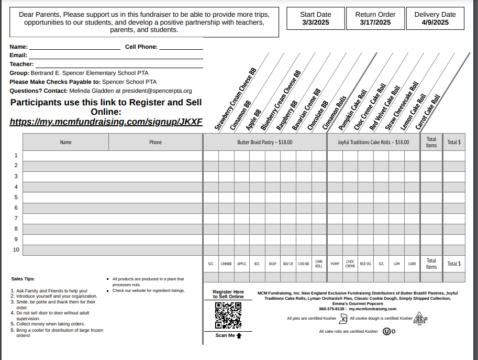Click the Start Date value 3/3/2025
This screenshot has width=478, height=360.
point(315,23)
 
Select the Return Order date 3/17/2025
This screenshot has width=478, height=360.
point(375,23)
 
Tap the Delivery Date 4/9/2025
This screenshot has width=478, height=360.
point(435,23)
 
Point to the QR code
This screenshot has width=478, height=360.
point(228,315)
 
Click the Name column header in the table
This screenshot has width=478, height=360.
point(65,142)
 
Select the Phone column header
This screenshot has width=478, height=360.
point(155,142)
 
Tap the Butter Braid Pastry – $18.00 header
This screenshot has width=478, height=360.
point(264,142)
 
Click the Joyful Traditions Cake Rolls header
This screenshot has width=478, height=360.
point(373,142)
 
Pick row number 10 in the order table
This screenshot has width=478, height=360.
point(16,249)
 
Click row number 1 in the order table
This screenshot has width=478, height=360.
point(16,155)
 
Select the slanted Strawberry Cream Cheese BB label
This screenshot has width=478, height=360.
point(235,99)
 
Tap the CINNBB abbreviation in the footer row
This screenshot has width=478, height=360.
point(226,264)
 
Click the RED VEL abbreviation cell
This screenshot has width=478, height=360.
point(365,264)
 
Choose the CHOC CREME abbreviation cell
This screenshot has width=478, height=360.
point(350,264)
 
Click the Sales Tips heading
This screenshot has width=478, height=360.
point(23,279)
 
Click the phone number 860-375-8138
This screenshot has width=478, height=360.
point(332,309)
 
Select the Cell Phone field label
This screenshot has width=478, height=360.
point(141,47)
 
